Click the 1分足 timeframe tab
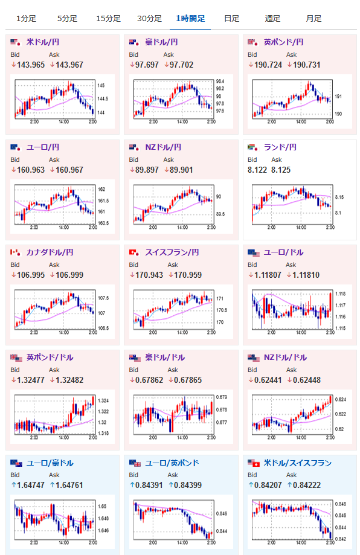click(26, 18)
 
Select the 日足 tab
click(231, 18)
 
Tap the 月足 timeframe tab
click(313, 18)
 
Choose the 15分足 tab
click(108, 18)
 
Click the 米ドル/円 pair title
click(43, 42)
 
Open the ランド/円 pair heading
click(280, 147)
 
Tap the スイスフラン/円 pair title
click(172, 252)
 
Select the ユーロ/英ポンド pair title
click(172, 463)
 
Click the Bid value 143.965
click(31, 65)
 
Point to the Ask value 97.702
click(182, 65)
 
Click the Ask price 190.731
click(307, 65)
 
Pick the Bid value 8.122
click(257, 170)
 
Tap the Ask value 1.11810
click(306, 275)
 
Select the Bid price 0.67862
click(149, 380)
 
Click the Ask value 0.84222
click(307, 486)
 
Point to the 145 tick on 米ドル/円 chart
click(101, 85)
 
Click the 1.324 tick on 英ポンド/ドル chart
click(103, 400)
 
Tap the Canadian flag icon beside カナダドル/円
click(16, 252)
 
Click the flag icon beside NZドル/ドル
click(254, 358)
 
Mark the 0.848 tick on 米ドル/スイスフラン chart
click(341, 504)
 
